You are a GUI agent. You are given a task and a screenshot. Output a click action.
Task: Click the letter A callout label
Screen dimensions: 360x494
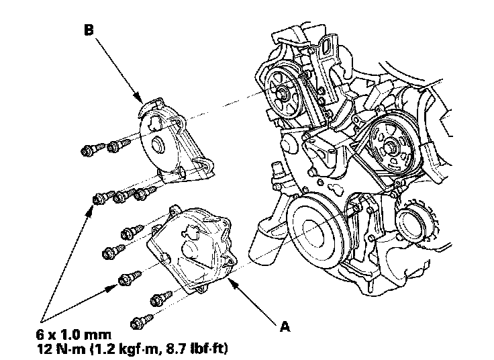pyautogui.click(x=285, y=327)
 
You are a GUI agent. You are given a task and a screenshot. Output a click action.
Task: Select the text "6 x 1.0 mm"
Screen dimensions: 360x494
pyautogui.click(x=75, y=334)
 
